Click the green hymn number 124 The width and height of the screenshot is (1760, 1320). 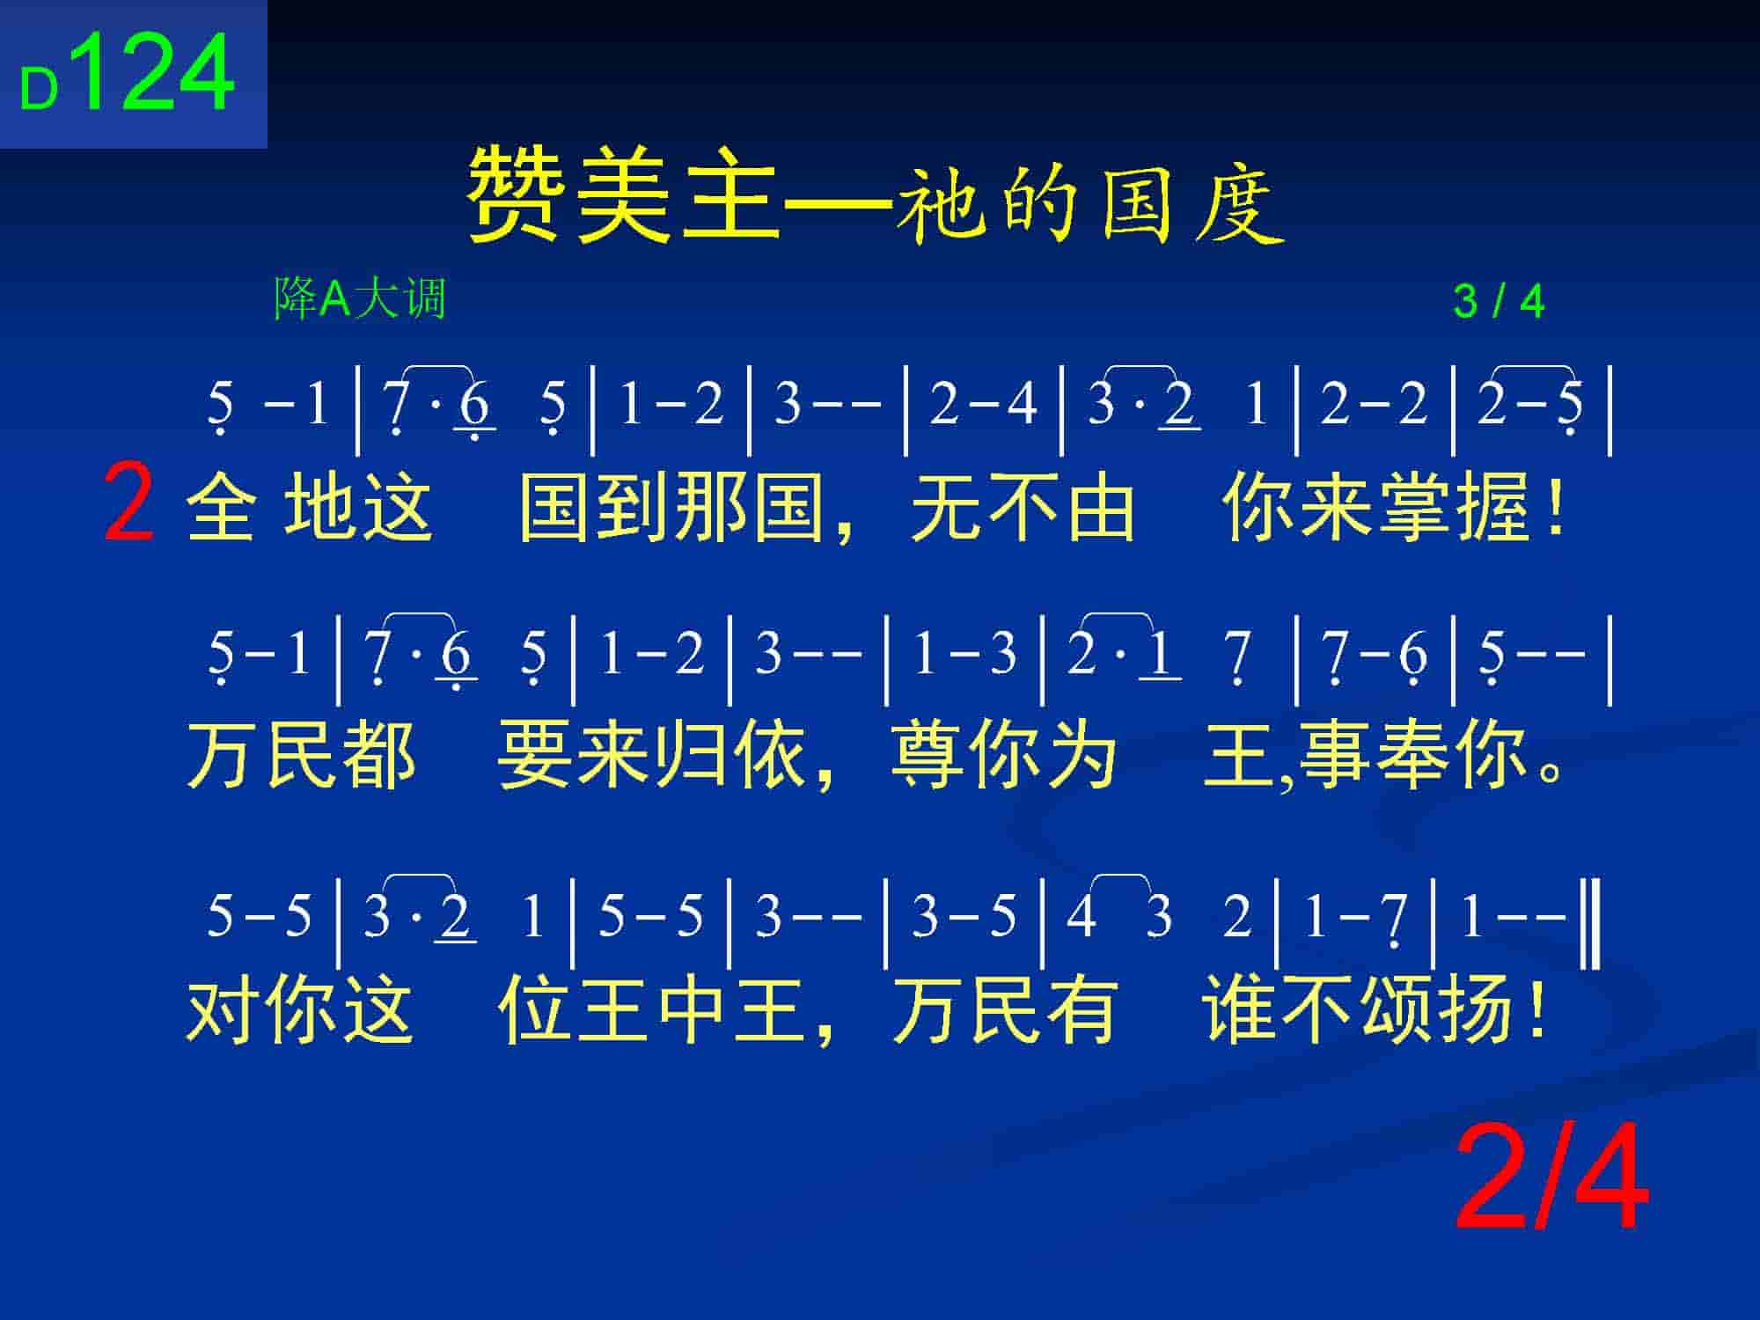[x=158, y=72]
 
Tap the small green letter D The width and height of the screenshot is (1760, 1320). [x=40, y=91]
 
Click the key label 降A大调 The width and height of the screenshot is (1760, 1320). [x=360, y=298]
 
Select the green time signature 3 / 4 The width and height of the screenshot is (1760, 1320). [x=1499, y=302]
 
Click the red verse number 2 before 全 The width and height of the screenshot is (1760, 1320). [x=128, y=502]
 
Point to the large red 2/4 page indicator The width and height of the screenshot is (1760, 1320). [x=1551, y=1178]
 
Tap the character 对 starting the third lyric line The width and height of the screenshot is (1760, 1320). [x=223, y=1009]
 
